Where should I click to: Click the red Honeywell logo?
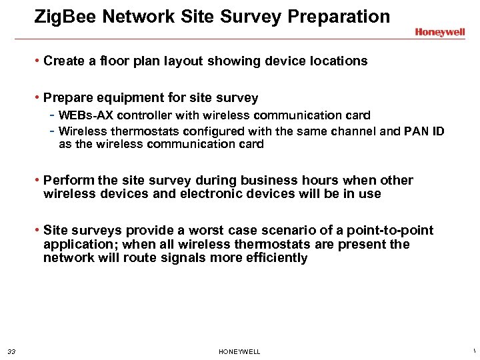[x=439, y=32]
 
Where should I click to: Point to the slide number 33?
[x=11, y=351]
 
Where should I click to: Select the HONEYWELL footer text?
[x=239, y=351]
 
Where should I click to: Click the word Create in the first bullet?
[x=63, y=61]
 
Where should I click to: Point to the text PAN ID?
[x=424, y=131]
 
